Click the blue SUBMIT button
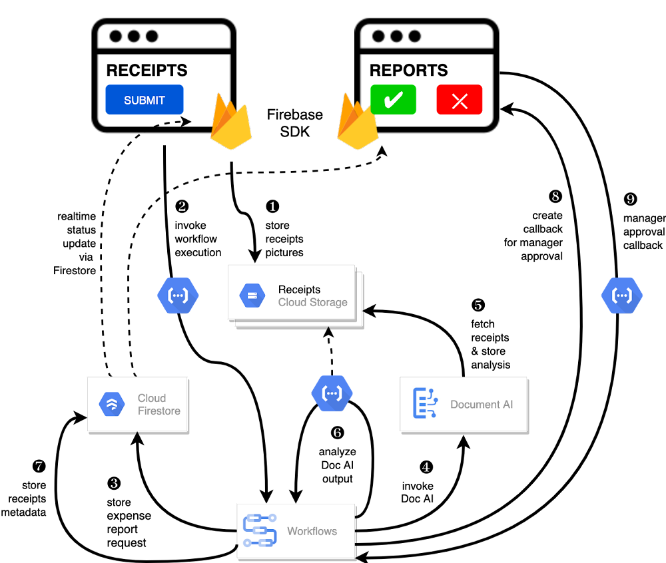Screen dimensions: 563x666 coord(144,100)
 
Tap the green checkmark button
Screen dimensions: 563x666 coord(394,100)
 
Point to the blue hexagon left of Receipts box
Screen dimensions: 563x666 coord(178,295)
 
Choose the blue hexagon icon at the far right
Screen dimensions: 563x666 coord(621,295)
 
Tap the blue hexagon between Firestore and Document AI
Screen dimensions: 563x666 coord(332,393)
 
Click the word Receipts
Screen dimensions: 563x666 coord(299,289)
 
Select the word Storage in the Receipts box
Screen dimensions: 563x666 coord(328,302)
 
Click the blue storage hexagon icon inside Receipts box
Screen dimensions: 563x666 coord(252,295)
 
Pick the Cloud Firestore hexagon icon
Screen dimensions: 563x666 coord(112,404)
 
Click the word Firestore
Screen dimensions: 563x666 coord(159,411)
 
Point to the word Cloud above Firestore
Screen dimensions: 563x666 coord(152,398)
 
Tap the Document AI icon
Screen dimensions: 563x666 coord(424,403)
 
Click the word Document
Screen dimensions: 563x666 coord(474,404)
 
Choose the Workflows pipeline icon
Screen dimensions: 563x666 coord(259,530)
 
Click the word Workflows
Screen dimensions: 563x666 coord(312,531)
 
